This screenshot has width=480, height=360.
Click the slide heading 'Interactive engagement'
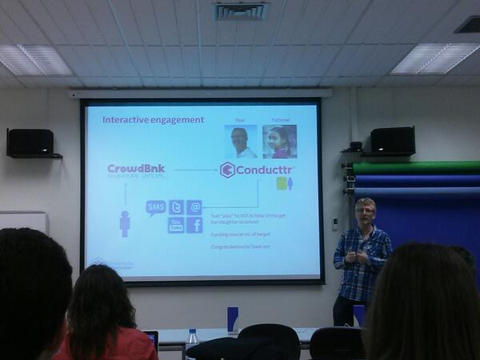153,120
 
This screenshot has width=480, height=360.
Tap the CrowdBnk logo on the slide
136,170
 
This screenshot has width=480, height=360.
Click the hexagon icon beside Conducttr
227,170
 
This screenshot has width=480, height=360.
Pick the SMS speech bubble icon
156,208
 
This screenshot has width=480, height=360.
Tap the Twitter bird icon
176,207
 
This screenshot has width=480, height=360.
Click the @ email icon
194,207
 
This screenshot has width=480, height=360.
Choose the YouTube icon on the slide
176,225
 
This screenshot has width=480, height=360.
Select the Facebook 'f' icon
194,225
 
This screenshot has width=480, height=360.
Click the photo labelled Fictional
279,142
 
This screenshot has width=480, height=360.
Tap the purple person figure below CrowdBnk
125,223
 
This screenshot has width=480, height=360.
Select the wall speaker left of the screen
31,142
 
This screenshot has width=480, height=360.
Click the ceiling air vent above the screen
240,10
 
